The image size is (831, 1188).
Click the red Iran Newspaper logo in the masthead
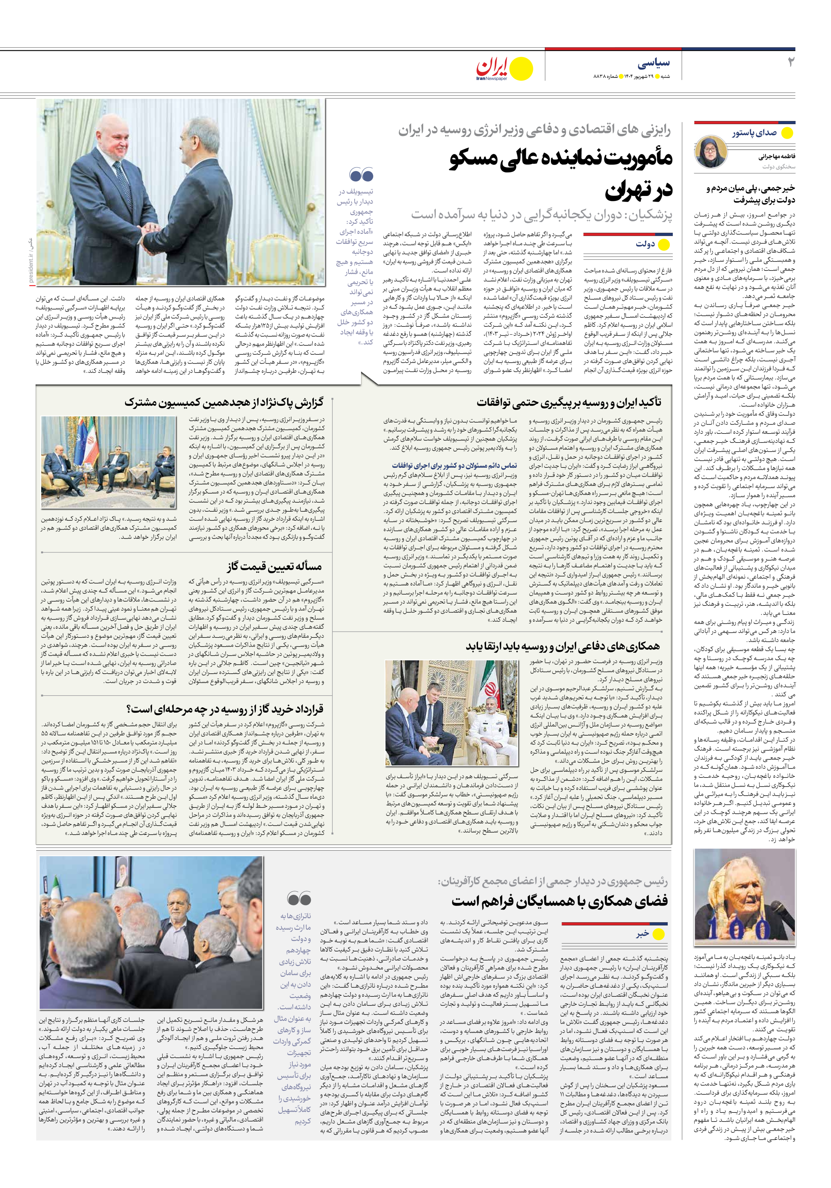(492, 68)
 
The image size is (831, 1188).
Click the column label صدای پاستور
(754, 133)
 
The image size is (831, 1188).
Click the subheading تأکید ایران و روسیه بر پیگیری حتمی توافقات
(569, 402)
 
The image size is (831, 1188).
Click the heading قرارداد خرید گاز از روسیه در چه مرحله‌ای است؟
(225, 708)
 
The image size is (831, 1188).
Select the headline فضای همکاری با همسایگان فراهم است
(559, 901)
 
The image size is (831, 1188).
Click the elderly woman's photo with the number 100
(744, 898)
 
